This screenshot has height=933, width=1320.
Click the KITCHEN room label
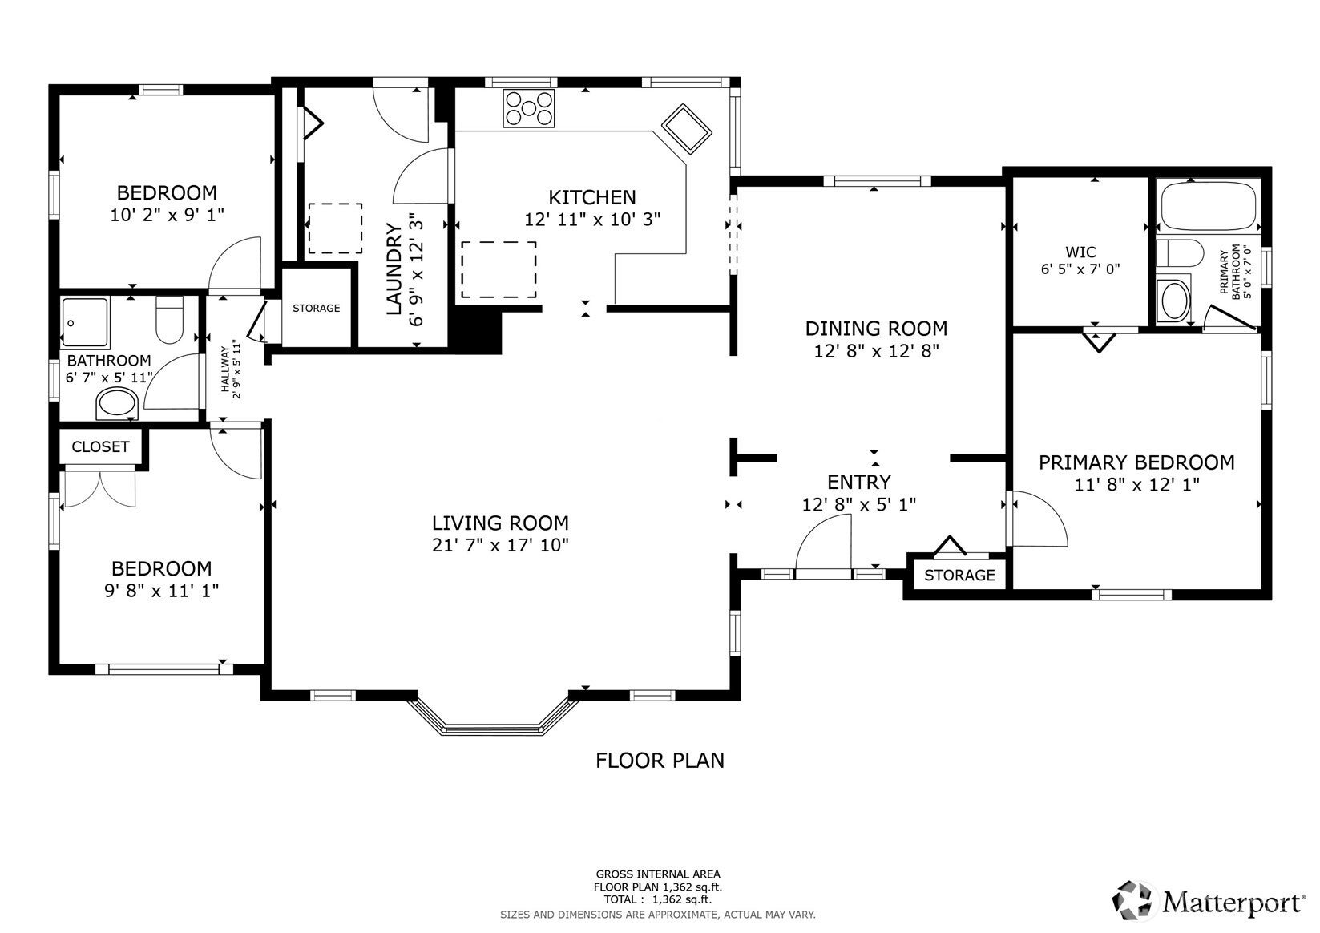[x=591, y=197]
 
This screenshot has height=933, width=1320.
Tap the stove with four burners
[x=528, y=108]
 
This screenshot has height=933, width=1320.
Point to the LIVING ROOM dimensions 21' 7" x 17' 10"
[x=500, y=546]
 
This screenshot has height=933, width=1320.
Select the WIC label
[x=1080, y=252]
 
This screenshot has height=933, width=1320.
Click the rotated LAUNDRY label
[x=394, y=269]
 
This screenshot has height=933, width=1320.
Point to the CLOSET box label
[x=100, y=447]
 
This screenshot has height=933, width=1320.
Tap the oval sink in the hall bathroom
[x=117, y=403]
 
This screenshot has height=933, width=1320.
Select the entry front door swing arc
[x=824, y=543]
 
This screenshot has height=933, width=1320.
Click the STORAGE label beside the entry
[x=959, y=576]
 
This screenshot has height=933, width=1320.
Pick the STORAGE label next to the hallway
[x=316, y=309]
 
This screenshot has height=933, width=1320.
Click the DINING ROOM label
[x=876, y=329]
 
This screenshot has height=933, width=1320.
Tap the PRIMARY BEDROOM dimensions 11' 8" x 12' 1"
[x=1136, y=484]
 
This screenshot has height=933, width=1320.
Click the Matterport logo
[x=1210, y=901]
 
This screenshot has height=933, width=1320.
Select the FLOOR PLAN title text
[x=660, y=760]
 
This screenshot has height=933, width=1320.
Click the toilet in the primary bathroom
[x=1181, y=253]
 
